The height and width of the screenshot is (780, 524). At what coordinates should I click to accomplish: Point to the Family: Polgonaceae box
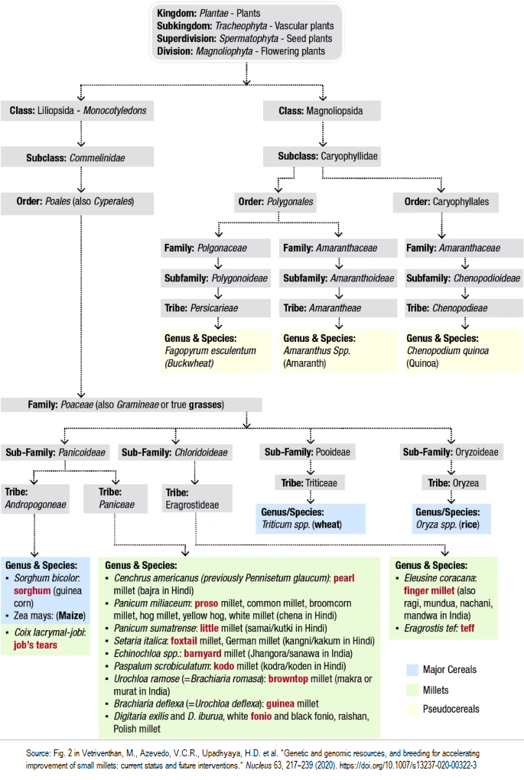tap(215, 248)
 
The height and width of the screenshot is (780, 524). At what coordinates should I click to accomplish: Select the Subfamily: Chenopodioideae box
tap(464, 278)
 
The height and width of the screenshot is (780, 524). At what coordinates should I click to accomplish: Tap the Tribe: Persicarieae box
tap(215, 308)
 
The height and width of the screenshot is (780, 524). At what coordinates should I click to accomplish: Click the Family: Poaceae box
tap(131, 404)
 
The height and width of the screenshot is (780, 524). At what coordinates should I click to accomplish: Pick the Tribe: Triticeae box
tap(311, 483)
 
